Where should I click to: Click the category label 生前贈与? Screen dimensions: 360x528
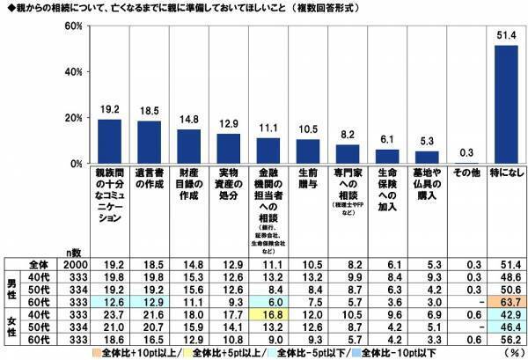[308, 176]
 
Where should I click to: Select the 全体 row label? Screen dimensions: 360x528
[40, 262]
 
